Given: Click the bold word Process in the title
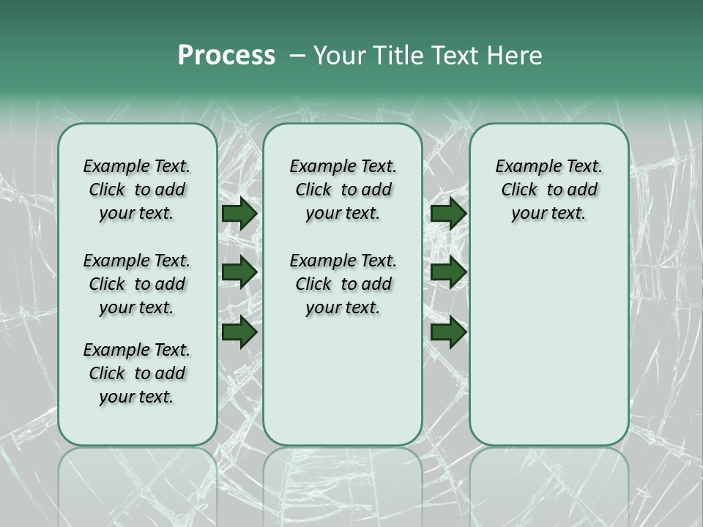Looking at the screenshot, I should click(x=226, y=56).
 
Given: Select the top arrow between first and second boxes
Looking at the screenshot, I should click(x=239, y=214).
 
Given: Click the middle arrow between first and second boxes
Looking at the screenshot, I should click(x=239, y=273).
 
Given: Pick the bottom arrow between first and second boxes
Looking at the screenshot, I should click(x=239, y=332).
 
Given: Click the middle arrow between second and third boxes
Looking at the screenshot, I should click(x=448, y=273).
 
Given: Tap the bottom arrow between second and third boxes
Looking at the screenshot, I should click(x=448, y=332).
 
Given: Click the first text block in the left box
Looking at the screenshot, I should click(x=137, y=190).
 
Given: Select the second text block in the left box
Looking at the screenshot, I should click(x=137, y=284).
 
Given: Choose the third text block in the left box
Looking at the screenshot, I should click(x=137, y=373).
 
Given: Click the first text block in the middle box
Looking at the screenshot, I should click(x=343, y=190).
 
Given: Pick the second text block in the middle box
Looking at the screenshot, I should click(x=343, y=284).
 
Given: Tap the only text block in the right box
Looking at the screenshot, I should click(x=548, y=190).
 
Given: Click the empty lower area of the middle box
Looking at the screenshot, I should click(x=343, y=381).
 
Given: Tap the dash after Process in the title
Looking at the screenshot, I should click(x=297, y=56).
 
